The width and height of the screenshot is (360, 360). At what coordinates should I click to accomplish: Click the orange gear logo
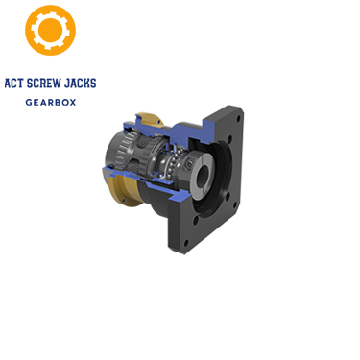50,30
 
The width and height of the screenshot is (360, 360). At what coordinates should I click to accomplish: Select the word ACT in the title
15,84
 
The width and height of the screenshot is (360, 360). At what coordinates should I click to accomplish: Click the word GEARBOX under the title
50,101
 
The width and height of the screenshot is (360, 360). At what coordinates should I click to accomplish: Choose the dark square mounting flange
216,192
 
